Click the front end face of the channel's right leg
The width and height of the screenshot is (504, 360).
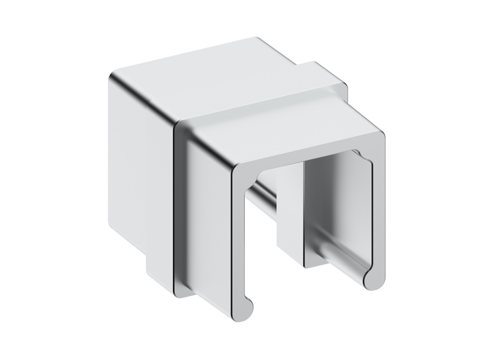(x=378, y=216)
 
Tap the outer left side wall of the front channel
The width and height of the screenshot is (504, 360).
(x=207, y=216)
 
